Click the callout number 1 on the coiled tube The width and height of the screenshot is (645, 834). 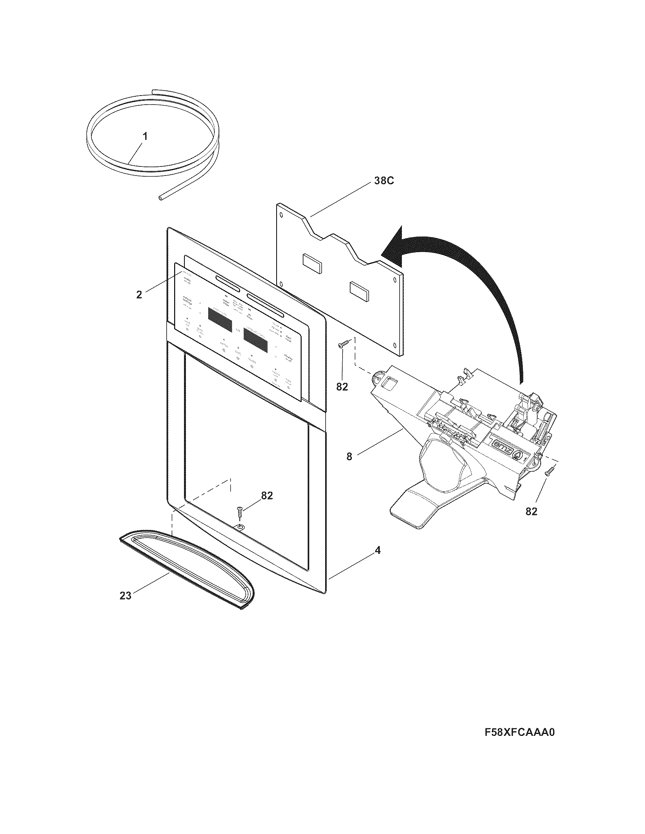145,136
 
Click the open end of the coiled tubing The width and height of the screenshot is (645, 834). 160,198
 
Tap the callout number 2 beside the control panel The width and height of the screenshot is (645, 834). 139,295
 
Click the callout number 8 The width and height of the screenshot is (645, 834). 349,456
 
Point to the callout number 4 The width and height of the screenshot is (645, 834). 378,551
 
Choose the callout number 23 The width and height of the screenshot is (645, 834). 125,595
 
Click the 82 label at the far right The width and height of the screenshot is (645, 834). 531,512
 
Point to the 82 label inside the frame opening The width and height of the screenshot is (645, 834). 267,495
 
